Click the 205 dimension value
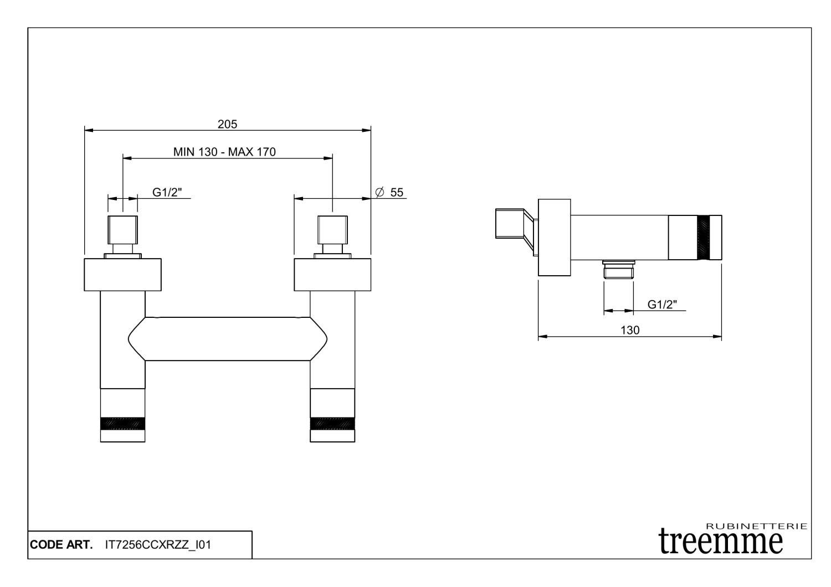(227, 124)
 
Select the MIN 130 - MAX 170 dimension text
(224, 152)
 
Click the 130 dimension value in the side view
(630, 330)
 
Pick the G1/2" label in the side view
(662, 304)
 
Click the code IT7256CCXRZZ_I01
(158, 545)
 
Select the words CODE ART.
(61, 545)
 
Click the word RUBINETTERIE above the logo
(757, 526)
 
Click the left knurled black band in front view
(122, 423)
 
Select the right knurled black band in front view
(332, 423)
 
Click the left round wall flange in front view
(122, 274)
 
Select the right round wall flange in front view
(332, 274)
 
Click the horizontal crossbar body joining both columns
(227, 338)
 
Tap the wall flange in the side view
(554, 237)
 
